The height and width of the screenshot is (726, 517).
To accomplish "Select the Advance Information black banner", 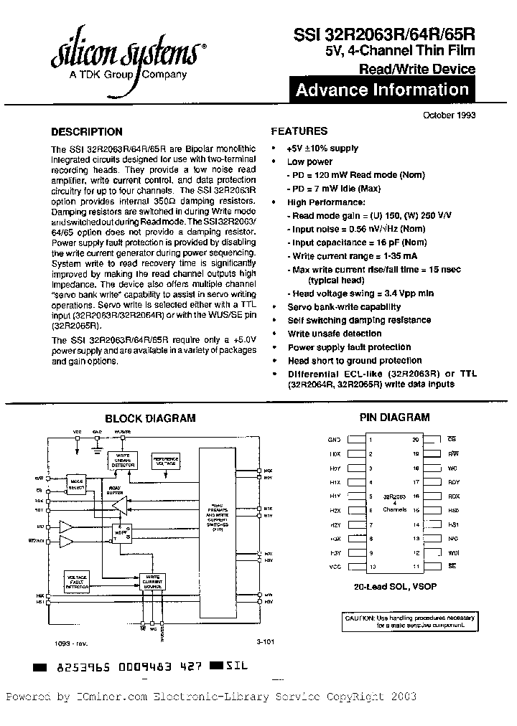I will (x=382, y=90).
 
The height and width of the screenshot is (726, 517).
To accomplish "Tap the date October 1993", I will (x=449, y=115).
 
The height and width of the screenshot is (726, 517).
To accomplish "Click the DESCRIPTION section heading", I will (x=87, y=132).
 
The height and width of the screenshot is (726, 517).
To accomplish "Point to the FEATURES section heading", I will (x=299, y=131).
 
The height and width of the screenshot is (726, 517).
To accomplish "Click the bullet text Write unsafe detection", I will (x=334, y=334).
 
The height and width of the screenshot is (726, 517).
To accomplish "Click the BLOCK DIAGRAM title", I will (x=150, y=418).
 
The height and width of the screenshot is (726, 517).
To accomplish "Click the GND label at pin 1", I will (x=334, y=439).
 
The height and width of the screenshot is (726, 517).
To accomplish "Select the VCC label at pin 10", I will (x=334, y=567).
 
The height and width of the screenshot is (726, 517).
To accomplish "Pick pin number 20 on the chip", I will (x=415, y=439).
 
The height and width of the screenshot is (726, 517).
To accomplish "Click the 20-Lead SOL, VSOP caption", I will (x=394, y=587).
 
